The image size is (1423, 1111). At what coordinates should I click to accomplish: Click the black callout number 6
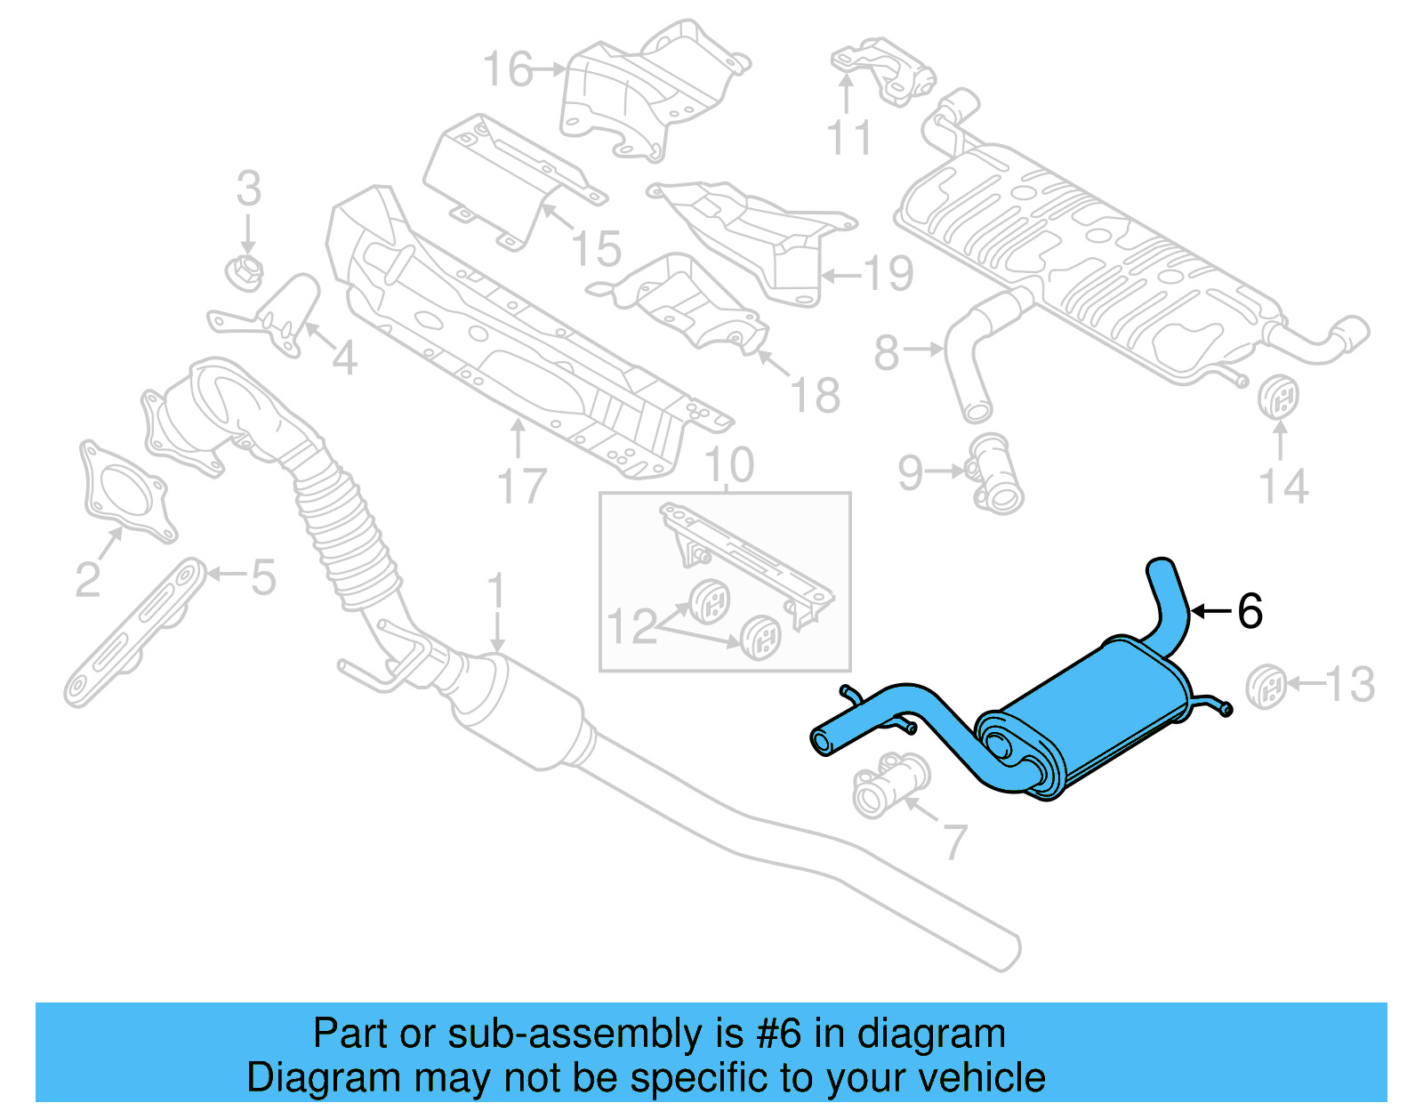click(1250, 611)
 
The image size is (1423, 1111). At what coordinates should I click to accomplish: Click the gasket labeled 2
click(125, 489)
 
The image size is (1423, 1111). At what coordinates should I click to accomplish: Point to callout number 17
click(521, 486)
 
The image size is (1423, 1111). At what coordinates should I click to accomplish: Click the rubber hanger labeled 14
click(1279, 398)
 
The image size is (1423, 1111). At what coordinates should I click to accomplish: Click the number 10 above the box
click(728, 465)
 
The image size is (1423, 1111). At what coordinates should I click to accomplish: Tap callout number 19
click(888, 273)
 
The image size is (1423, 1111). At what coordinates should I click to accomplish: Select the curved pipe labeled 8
click(974, 356)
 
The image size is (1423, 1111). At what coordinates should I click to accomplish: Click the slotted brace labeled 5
click(133, 632)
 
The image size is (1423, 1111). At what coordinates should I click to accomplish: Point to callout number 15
click(596, 248)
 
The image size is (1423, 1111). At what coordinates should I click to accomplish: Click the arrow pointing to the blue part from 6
click(1210, 611)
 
